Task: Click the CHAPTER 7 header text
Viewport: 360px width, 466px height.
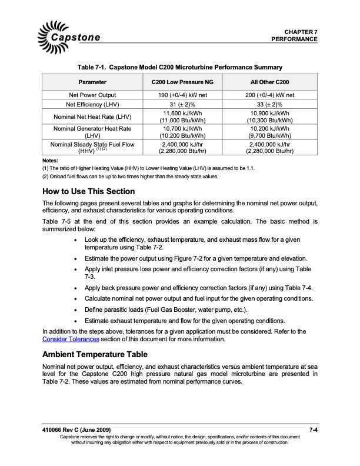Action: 301,31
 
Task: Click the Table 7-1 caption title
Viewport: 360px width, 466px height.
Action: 179,67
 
